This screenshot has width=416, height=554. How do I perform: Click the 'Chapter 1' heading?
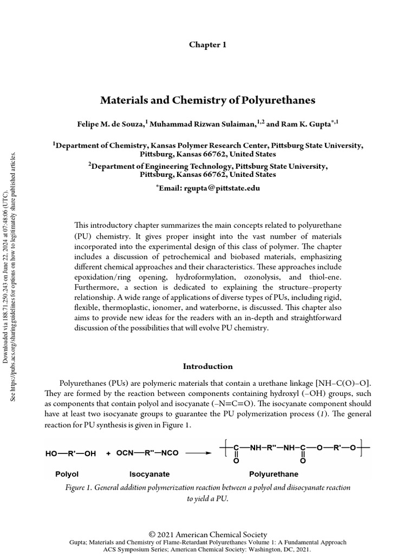tap(207, 45)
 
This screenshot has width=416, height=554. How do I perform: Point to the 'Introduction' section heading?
tap(208, 366)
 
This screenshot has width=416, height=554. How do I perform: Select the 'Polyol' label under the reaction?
tap(67, 474)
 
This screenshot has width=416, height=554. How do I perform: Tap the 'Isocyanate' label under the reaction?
tap(149, 474)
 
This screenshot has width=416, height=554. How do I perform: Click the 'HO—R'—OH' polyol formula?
tap(70, 453)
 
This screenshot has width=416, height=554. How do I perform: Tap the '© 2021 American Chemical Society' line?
tap(208, 535)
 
